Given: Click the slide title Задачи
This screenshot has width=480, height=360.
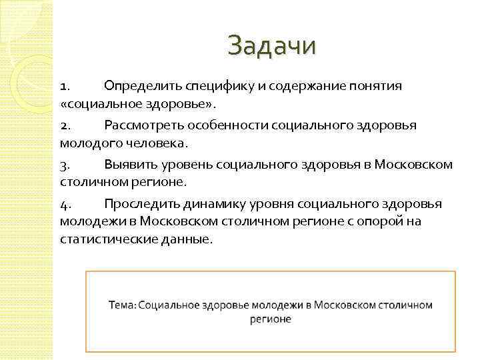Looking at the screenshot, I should pos(271,47).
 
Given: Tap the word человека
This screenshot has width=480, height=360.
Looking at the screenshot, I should pos(142,143).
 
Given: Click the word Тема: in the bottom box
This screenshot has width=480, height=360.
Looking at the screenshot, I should pos(123,305).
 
